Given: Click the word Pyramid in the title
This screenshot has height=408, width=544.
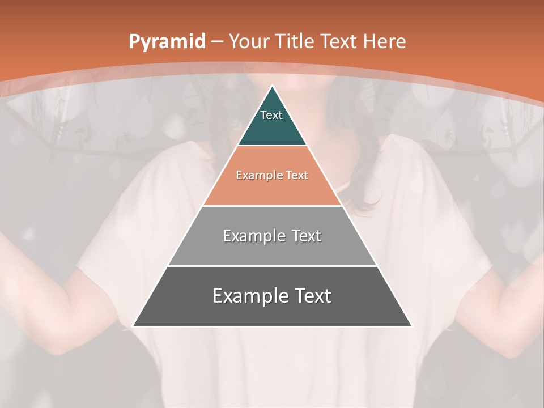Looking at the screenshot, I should coord(167,42).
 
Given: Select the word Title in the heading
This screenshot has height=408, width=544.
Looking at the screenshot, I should coord(295,41).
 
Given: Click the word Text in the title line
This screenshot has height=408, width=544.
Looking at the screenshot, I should coord(339,41).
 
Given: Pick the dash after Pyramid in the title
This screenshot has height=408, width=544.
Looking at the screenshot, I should coord(216,42).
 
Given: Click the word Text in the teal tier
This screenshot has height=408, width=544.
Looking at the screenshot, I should coord(271,115).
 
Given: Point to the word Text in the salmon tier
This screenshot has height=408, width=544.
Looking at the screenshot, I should coord(297,176).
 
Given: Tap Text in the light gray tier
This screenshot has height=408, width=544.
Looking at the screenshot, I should coord(307,236).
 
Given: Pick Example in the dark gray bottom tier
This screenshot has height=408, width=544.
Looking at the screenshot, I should coord(249,296).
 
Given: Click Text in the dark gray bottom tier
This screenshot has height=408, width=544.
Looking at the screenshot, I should coord(312,296).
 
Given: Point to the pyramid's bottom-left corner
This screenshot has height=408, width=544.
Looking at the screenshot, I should coord(134,325).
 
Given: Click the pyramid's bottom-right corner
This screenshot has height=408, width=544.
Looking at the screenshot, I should coord(411,325).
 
